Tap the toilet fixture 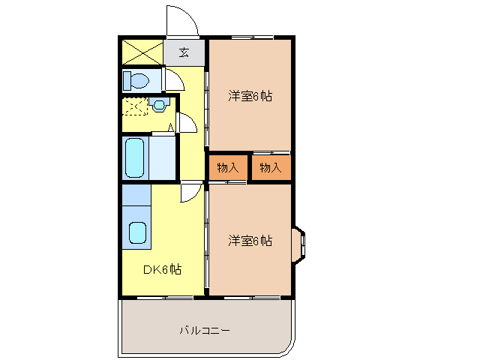[136, 79]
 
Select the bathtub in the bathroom [136, 157]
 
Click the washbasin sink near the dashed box [159, 104]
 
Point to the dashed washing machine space [135, 106]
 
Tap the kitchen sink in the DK [136, 232]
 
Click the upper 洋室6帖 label [249, 95]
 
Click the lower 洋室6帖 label [249, 241]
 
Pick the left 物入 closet [227, 168]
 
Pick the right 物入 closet [270, 168]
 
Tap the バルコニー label [204, 329]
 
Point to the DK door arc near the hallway [191, 193]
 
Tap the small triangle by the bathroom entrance [171, 128]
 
